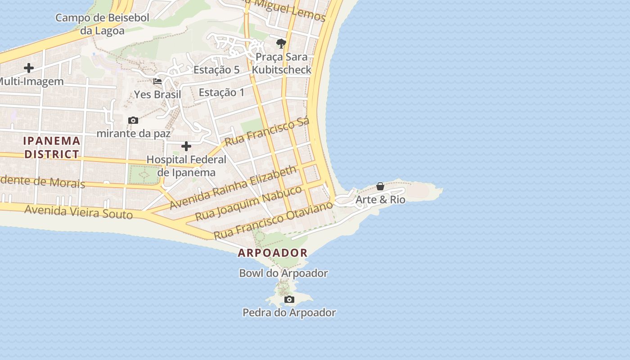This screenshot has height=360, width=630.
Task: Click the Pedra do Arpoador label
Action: [x=289, y=312]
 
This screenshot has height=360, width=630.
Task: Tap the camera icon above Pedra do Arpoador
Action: [x=289, y=300]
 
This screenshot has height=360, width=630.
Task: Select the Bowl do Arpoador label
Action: [x=283, y=273]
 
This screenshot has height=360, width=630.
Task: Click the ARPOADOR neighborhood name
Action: [x=273, y=253]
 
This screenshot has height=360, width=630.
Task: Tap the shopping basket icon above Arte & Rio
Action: [x=380, y=186]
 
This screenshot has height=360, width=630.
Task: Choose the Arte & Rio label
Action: [x=380, y=199]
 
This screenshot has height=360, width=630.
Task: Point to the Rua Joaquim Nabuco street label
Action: [x=248, y=203]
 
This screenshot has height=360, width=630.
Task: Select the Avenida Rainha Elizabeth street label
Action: [x=234, y=188]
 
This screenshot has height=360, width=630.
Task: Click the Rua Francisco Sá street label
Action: [x=267, y=132]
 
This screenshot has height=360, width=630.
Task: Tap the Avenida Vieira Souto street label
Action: [x=79, y=211]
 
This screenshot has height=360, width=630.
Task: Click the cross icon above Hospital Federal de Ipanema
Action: [x=186, y=146]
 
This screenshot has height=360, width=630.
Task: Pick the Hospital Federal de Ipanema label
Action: [x=186, y=166]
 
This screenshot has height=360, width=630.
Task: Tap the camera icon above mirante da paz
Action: [x=133, y=120]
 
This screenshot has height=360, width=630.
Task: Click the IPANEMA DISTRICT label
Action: [x=52, y=147]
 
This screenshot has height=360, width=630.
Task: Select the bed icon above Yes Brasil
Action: [x=157, y=81]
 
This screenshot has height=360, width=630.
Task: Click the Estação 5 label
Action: [x=216, y=70]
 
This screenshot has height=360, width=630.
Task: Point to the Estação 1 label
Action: [x=221, y=92]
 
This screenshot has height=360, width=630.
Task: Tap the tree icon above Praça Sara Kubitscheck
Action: [x=281, y=44]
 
